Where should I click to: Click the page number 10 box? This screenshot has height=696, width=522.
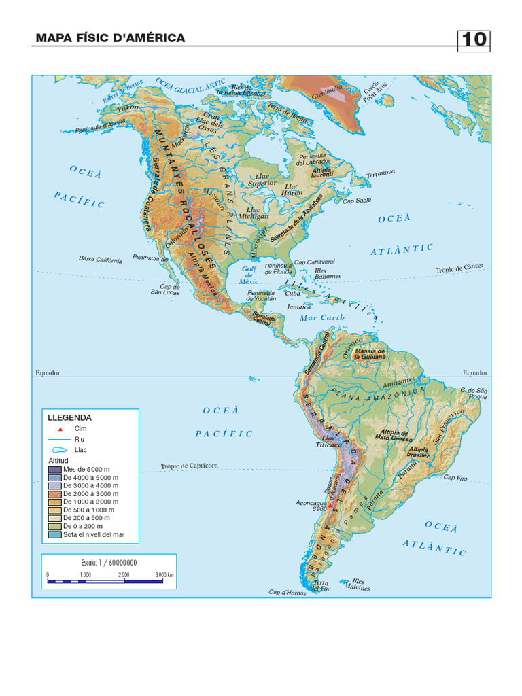474,39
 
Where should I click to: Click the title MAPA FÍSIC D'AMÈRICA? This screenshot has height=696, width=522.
110,38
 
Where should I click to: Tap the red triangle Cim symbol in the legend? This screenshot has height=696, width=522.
60,429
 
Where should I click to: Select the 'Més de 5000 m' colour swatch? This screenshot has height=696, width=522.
54,469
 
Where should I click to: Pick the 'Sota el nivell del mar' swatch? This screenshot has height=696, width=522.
54,535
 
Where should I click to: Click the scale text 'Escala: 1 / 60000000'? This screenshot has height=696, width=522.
109,563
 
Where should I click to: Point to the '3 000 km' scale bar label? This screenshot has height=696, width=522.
164,575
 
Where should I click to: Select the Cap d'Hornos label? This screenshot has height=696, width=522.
288,593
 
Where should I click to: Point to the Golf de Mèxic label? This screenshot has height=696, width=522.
250,275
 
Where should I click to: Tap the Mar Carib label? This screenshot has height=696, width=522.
322,317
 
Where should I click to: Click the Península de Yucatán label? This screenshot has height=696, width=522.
262,296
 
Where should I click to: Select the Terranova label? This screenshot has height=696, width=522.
380,174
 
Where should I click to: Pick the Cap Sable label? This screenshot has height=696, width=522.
357,201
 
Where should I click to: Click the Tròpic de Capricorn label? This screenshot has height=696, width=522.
190,466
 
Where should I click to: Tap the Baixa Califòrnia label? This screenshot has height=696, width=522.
101,259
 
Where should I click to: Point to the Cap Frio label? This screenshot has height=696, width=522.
455,477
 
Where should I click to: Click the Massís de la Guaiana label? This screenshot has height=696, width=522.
370,353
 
